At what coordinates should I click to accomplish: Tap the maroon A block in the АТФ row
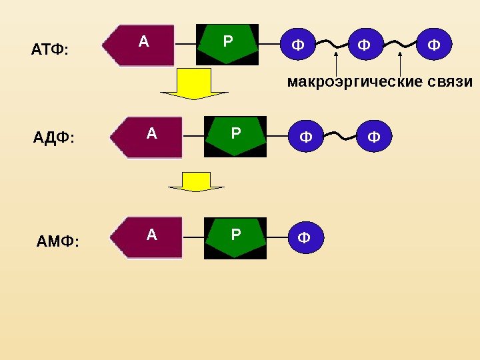140,45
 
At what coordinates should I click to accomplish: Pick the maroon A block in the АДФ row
148,137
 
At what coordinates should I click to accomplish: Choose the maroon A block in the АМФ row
148,237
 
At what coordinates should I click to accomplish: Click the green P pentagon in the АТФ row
227,44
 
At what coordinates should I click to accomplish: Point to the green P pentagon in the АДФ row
235,136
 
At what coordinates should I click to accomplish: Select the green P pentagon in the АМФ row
235,237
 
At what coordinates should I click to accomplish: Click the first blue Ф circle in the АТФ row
297,45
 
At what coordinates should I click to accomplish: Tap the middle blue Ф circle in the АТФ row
364,45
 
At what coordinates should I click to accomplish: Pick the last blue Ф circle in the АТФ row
434,45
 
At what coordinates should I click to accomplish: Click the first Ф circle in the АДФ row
305,137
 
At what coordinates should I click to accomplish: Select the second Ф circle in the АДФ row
374,137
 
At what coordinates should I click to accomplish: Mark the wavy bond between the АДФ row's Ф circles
339,136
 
